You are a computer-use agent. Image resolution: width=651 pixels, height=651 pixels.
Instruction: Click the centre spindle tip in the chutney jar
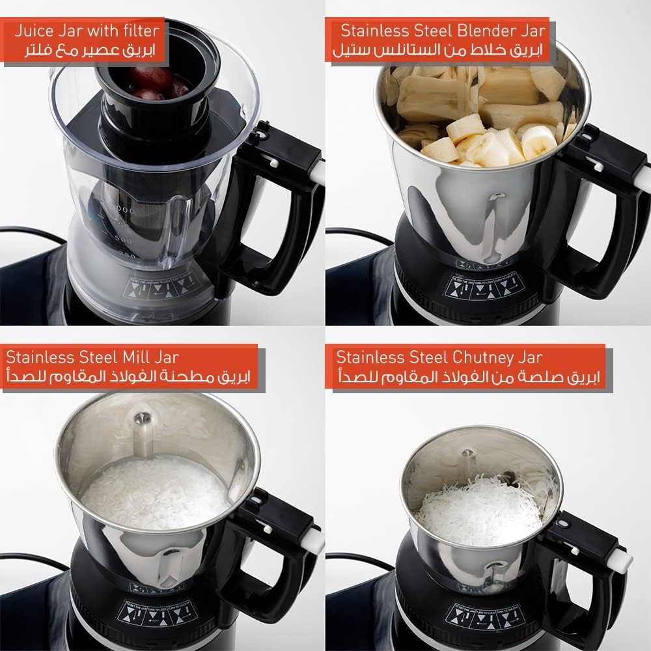point(467,454)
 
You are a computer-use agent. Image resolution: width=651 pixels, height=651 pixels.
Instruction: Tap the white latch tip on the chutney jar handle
point(624,561)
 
